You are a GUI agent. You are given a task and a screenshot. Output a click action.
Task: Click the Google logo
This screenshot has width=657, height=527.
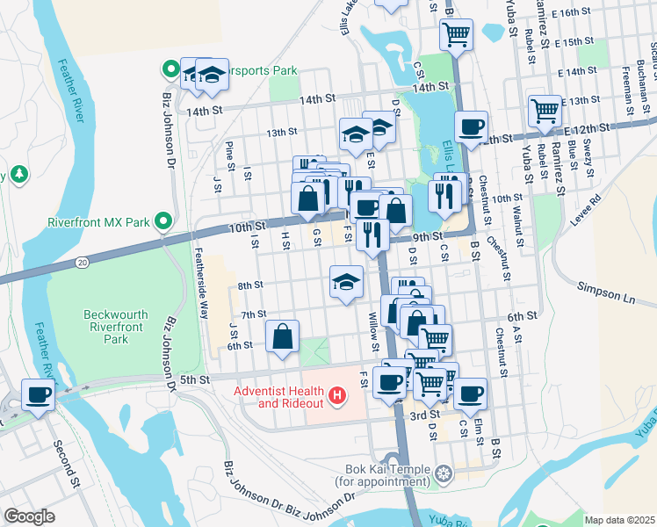(x=29, y=516)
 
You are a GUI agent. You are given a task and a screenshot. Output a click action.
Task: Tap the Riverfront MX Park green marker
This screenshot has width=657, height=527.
(x=163, y=221)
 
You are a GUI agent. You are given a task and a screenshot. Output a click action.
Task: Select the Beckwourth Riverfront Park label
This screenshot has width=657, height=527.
(x=119, y=326)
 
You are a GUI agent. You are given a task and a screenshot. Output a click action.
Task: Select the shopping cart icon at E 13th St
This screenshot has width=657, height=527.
(x=545, y=112)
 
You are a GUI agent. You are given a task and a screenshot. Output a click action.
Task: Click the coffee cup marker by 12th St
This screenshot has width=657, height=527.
(x=471, y=126)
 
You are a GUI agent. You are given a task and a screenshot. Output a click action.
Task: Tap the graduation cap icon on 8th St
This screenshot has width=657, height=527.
(x=345, y=283)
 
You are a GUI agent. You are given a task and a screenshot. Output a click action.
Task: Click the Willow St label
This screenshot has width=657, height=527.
(x=373, y=331)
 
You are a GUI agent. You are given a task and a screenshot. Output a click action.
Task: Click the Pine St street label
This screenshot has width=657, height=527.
(x=229, y=153)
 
